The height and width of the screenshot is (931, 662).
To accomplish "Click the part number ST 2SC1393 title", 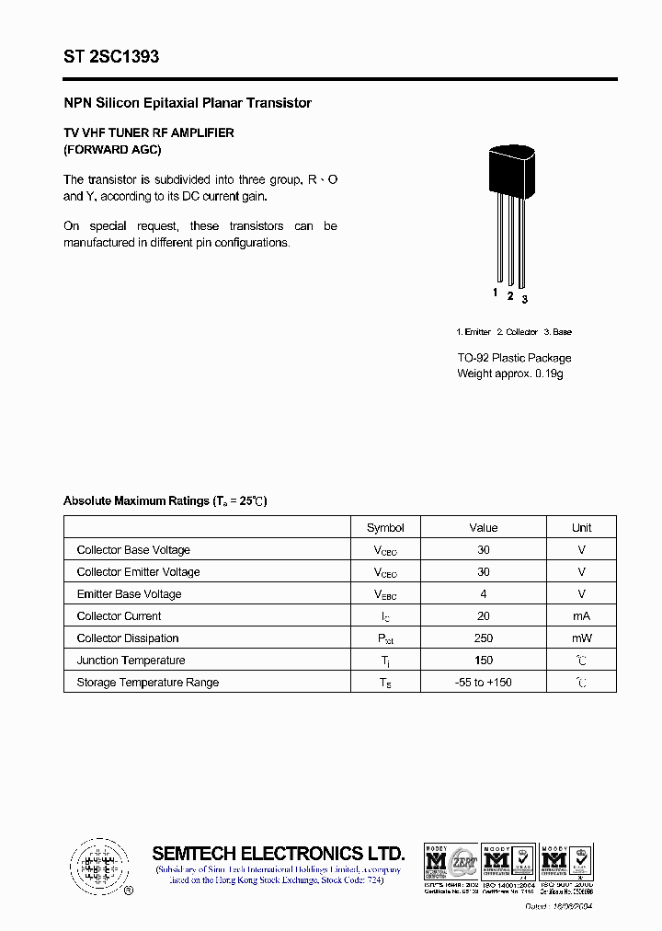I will (x=111, y=57).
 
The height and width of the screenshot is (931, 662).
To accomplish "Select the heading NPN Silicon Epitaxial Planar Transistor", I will (x=188, y=103).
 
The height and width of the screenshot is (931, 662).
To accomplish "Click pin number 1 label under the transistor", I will (x=495, y=293).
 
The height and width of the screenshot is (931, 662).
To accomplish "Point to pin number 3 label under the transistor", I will (x=524, y=299).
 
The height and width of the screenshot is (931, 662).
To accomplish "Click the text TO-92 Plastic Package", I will (x=514, y=358).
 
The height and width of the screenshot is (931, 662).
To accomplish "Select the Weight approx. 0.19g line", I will (x=509, y=374).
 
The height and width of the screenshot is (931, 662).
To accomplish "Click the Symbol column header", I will (x=385, y=527).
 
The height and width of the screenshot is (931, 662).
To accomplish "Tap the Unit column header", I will (x=581, y=527).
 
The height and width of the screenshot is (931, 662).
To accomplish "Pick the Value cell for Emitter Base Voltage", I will (x=483, y=593).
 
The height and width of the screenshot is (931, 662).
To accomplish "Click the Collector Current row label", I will (x=119, y=615).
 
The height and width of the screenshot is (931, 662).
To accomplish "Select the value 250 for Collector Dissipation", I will (x=483, y=638).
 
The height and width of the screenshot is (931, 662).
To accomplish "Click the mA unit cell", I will (x=581, y=615).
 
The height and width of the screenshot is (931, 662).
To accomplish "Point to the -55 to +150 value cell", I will (x=483, y=682).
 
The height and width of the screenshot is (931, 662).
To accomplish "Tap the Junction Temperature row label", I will (x=131, y=660).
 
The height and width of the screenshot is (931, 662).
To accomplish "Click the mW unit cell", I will (x=581, y=638).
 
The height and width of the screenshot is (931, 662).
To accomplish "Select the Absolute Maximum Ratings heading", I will (x=165, y=500).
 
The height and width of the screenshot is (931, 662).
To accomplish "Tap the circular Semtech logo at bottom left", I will (x=97, y=866).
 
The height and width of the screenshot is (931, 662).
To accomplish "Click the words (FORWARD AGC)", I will (x=112, y=149).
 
